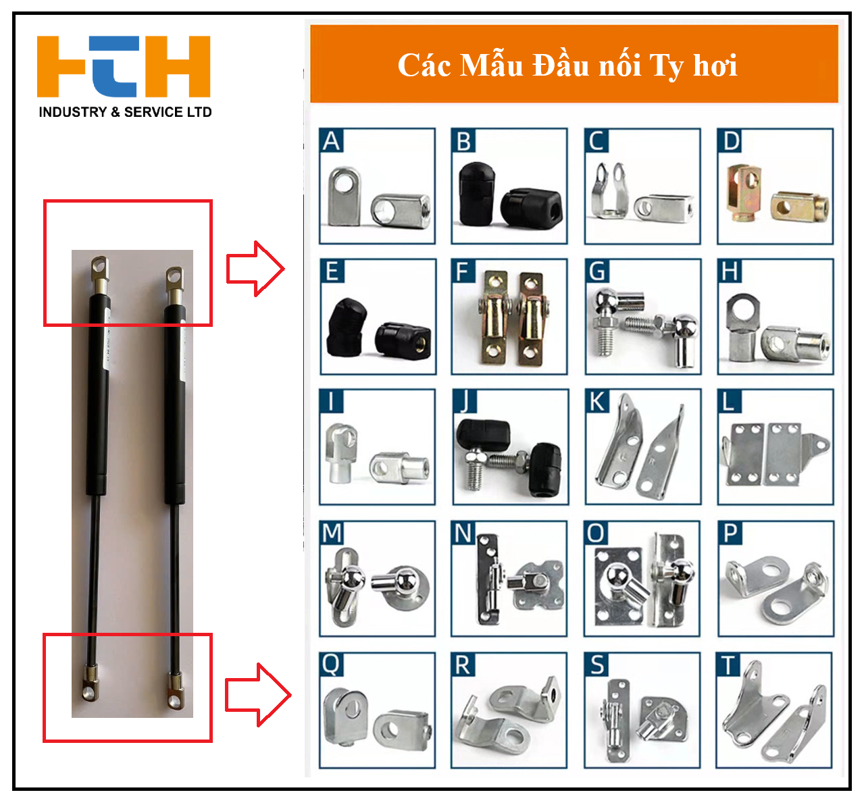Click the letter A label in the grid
pyautogui.click(x=331, y=140)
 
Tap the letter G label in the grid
pyautogui.click(x=597, y=271)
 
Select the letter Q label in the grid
pyautogui.click(x=331, y=665)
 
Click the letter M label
pyautogui.click(x=332, y=533)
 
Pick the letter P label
pyautogui.click(x=730, y=533)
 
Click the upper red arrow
pyautogui.click(x=255, y=269)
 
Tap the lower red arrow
pyautogui.click(x=257, y=695)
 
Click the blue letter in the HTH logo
pyautogui.click(x=113, y=66)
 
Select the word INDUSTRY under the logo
pyautogui.click(x=73, y=112)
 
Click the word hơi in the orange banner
pyautogui.click(x=715, y=66)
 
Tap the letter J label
pyautogui.click(x=465, y=401)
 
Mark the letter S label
pyautogui.click(x=597, y=665)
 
